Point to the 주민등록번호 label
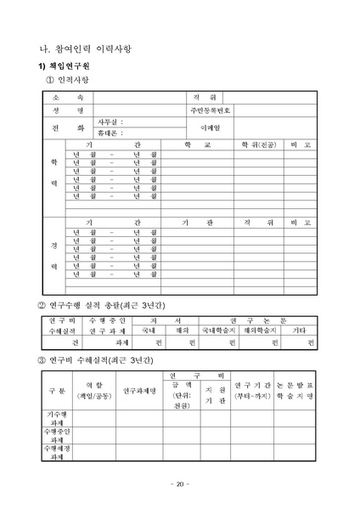click(210, 110)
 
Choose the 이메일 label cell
click(210, 127)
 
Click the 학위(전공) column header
click(258, 144)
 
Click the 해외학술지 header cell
click(260, 331)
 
